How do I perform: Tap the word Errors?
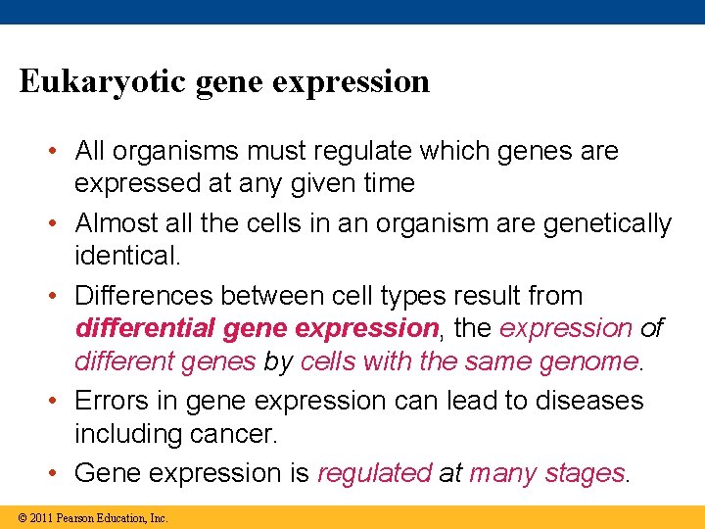pos(110,401)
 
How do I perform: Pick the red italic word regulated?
pos(375,473)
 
